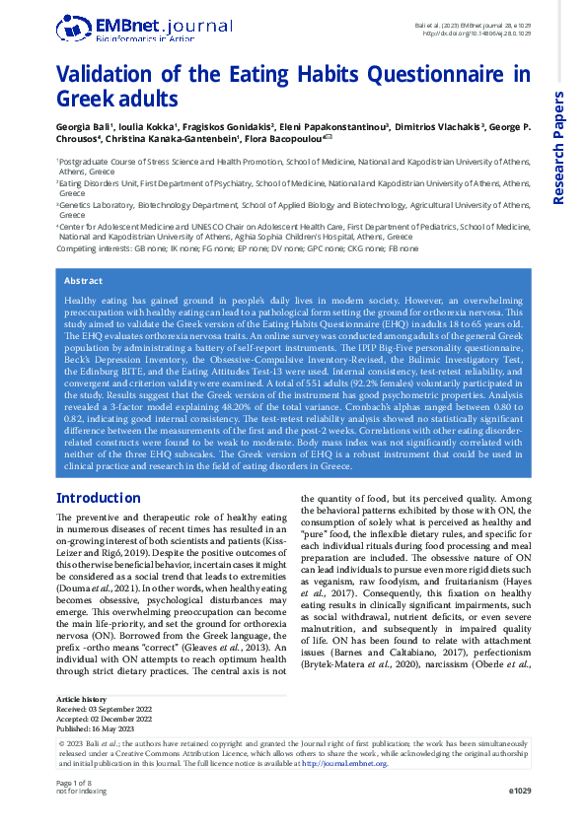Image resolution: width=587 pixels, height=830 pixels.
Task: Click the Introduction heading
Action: click(x=99, y=498)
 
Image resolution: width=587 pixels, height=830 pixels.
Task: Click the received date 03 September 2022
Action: click(x=124, y=708)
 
